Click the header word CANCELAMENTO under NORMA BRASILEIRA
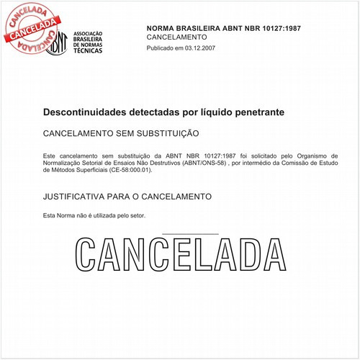coord(176,37)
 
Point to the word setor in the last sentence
coord(136,216)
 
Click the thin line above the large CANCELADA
coord(191,234)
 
